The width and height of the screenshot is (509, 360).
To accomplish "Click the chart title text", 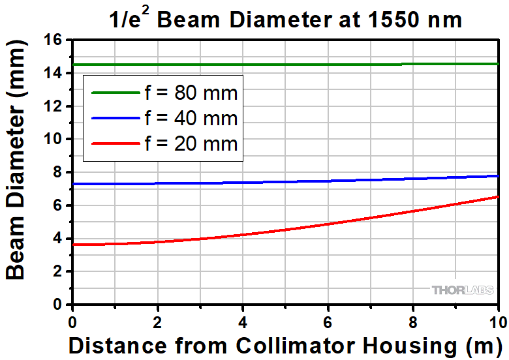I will [x=285, y=20].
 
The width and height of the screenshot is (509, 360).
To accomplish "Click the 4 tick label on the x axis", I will [x=243, y=321].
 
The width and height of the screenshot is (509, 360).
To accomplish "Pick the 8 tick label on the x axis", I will [x=413, y=321].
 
